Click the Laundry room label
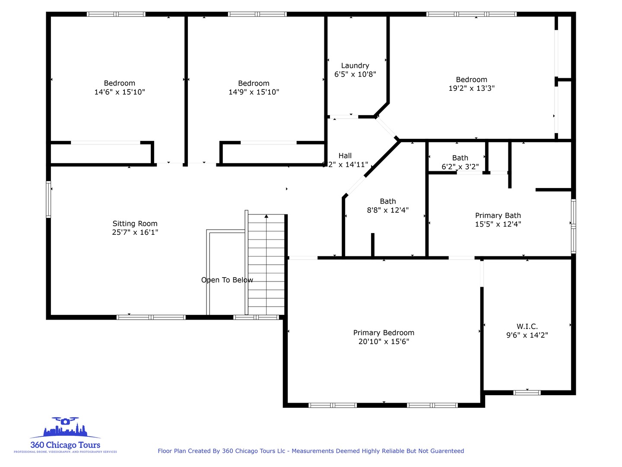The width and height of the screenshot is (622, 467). (x=355, y=66)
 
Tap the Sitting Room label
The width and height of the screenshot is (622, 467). (x=135, y=224)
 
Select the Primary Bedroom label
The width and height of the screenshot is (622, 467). (x=384, y=333)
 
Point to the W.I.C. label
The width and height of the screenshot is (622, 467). (x=527, y=326)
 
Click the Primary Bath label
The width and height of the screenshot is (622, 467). (x=498, y=215)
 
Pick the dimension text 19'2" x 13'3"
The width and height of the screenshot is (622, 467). (x=471, y=88)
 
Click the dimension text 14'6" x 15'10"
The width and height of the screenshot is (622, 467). (x=120, y=92)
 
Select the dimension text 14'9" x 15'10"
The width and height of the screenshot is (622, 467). (x=254, y=92)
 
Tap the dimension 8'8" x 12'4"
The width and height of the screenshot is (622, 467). (x=387, y=210)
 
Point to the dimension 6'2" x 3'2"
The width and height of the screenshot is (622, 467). (x=460, y=166)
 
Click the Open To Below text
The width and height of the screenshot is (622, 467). (x=227, y=280)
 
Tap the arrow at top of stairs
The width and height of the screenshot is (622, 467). (x=267, y=216)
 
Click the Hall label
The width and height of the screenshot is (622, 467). (x=345, y=156)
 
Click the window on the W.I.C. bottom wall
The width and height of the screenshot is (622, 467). (x=527, y=393)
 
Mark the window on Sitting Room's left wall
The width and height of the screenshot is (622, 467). (x=48, y=199)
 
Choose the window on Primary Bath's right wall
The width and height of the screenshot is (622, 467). (x=573, y=225)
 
